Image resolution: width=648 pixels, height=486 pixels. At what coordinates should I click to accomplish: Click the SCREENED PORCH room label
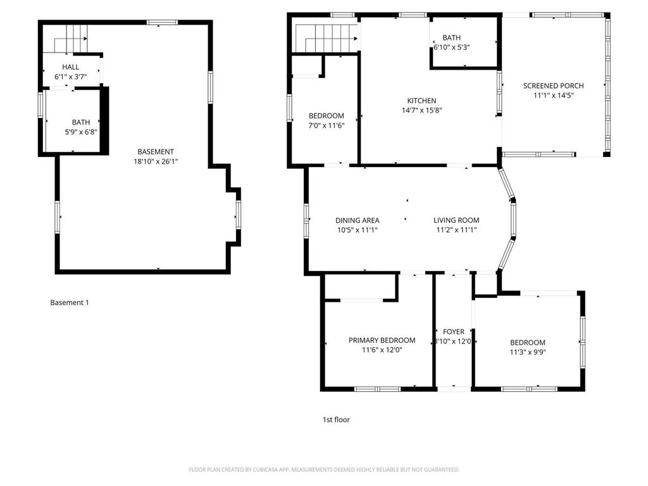point(553,86)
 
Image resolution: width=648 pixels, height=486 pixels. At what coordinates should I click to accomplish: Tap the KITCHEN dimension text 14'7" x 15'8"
point(421,110)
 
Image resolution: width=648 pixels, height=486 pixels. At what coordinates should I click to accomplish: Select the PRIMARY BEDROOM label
point(382,340)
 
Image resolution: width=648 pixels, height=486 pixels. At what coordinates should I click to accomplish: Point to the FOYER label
point(453,332)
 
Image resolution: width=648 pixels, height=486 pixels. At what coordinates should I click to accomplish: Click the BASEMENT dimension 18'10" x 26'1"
point(156,161)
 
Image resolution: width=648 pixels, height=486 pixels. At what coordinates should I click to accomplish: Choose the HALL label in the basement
point(70,67)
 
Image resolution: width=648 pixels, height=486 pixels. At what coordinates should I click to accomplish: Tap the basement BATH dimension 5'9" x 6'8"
point(80,132)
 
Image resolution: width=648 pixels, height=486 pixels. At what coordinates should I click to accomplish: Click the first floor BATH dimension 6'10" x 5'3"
point(451,47)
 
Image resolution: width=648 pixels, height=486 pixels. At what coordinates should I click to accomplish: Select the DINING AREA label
point(357,221)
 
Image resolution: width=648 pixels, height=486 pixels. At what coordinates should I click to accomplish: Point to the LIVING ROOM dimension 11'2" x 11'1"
point(456,230)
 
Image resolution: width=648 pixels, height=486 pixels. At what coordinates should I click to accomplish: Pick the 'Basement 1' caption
point(70,302)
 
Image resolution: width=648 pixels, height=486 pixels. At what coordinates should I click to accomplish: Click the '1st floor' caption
point(336,420)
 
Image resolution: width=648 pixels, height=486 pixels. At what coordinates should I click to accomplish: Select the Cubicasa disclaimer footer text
point(323,470)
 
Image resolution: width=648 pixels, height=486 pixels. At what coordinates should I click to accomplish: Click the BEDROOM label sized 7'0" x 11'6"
point(326,116)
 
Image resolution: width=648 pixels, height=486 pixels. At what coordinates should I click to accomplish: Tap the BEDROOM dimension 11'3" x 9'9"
point(527,352)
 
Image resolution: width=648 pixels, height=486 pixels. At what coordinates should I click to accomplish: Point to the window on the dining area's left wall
point(306,220)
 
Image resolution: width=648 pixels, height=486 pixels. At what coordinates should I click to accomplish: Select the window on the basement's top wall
point(163,23)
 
